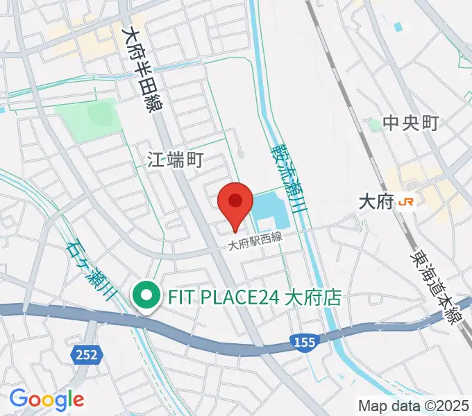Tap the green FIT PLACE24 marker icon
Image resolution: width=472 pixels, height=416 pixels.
coord(146,297)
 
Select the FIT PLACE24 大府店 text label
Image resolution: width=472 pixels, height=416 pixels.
coord(254,298)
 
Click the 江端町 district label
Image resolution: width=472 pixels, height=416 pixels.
coord(175,161)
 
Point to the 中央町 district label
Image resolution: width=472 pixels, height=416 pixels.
coord(411,123)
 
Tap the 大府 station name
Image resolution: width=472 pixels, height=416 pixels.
coord(376,202)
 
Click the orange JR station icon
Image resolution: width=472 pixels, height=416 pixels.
coord(407,202)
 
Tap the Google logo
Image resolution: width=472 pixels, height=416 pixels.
coord(47,399)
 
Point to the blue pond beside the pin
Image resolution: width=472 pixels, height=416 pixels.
coord(271,212)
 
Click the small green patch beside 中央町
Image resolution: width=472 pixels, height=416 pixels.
coord(374,123)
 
